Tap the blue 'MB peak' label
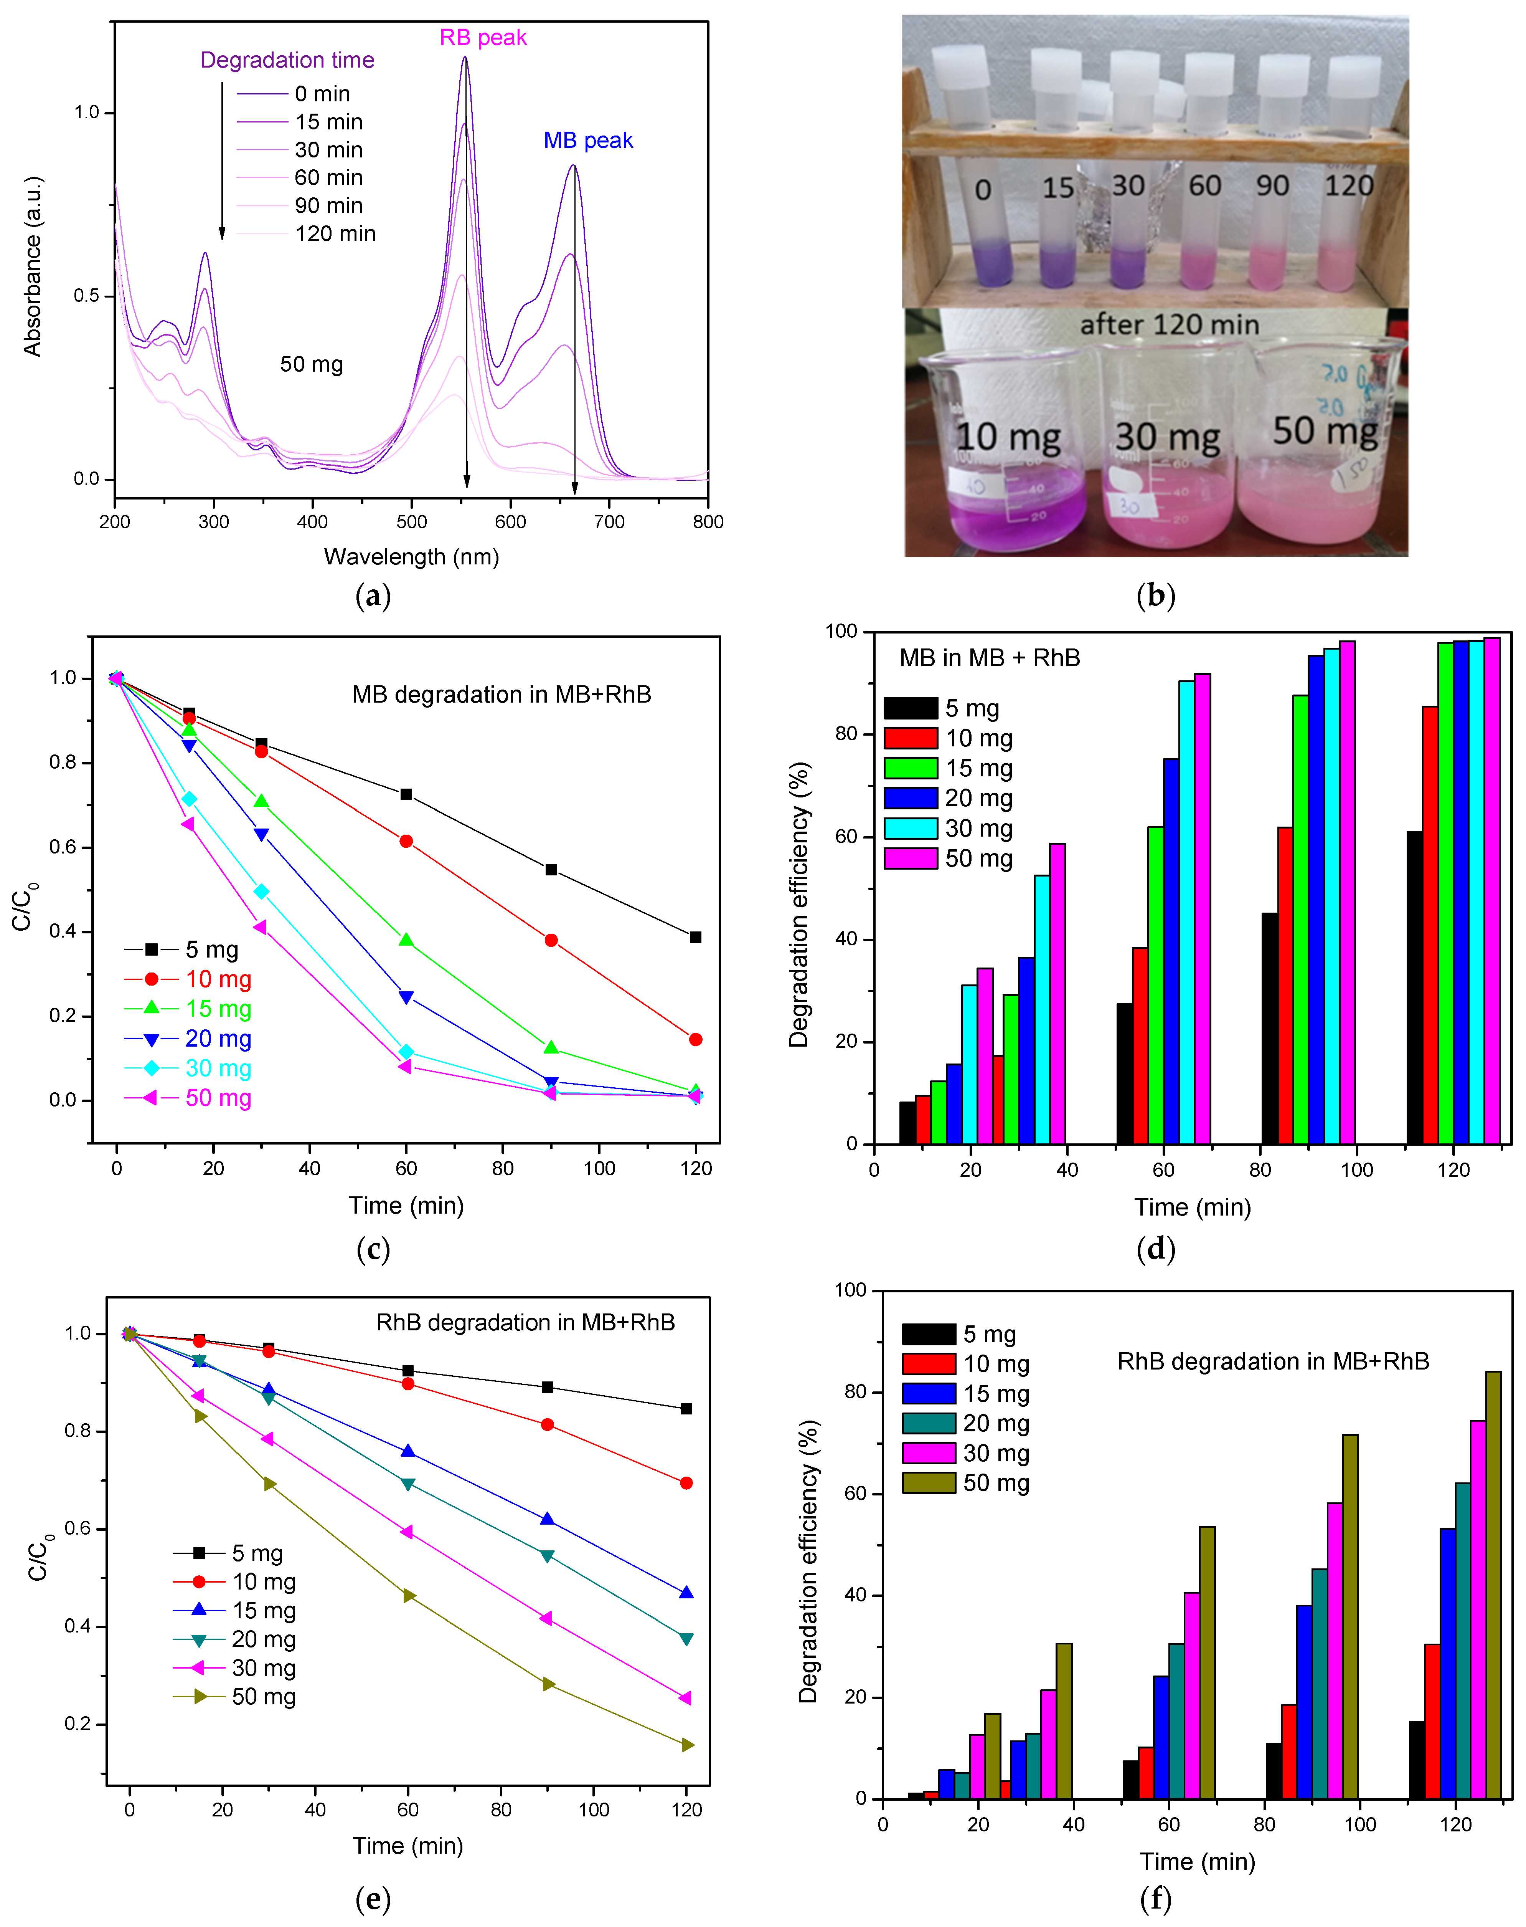(588, 140)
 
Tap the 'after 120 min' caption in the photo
(1170, 324)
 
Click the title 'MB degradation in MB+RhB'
(501, 695)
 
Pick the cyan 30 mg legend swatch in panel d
(911, 829)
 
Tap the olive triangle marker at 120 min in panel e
(687, 1745)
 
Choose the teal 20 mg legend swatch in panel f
(928, 1423)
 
